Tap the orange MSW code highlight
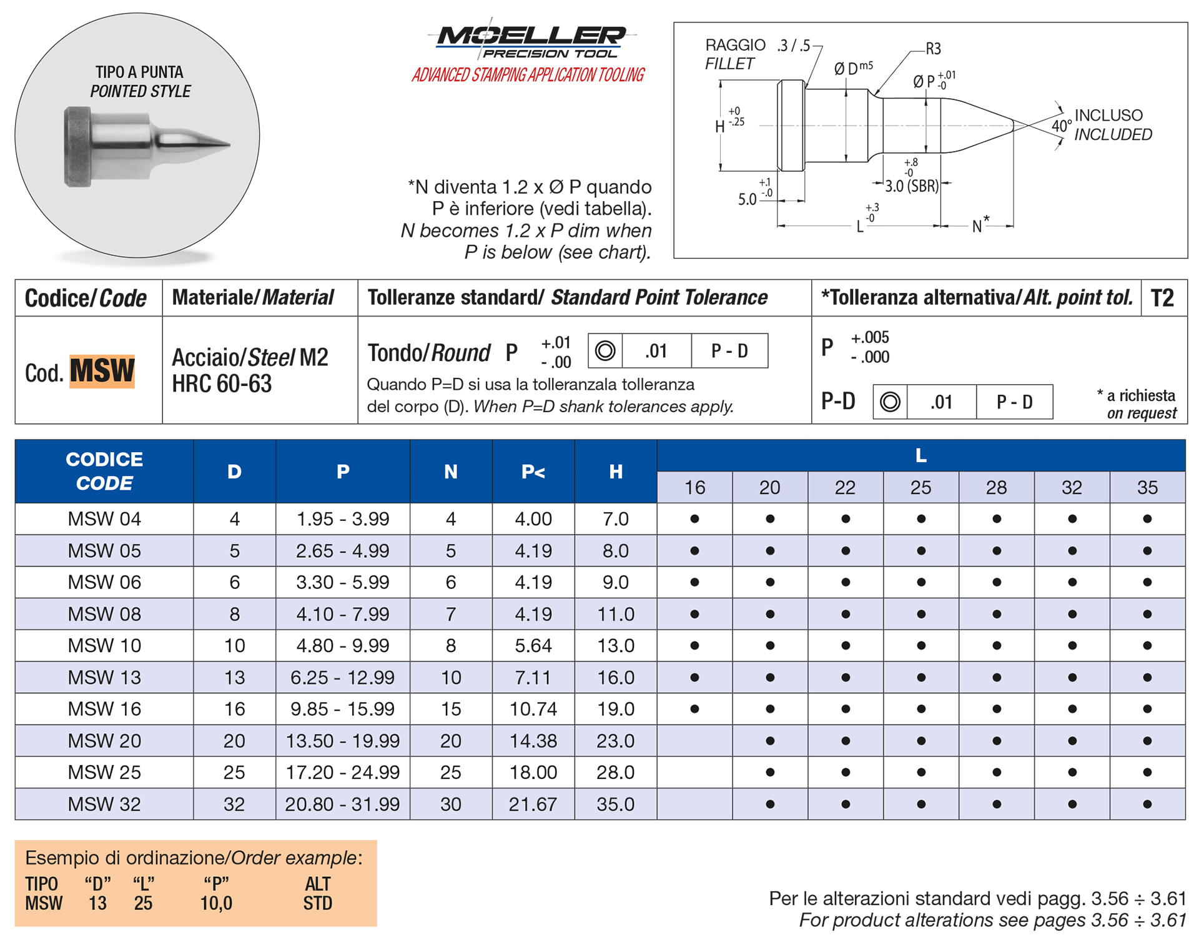coord(102,371)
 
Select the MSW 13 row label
coord(104,677)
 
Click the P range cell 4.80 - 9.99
coord(342,645)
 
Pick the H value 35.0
coord(615,804)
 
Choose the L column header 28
coord(996,487)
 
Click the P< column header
coord(533,472)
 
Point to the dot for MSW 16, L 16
coord(694,709)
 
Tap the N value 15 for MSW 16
coord(451,709)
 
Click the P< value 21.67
coord(533,804)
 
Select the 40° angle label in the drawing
coord(1061,126)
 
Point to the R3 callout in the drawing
coord(933,49)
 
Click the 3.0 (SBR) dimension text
coord(912,186)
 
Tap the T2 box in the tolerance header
coord(1162,298)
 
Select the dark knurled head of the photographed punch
coord(77,147)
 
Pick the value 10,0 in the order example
coord(216,903)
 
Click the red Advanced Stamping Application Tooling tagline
coord(528,76)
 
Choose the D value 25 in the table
coord(234,773)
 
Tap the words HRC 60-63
coord(222,383)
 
